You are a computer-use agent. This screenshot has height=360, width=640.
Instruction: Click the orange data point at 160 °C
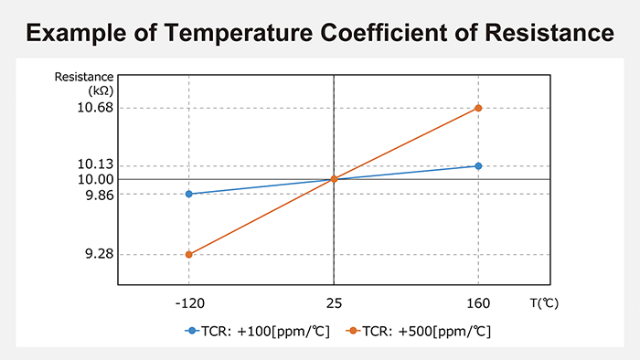click(478, 108)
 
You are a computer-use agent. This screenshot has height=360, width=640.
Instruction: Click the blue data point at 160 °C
click(478, 165)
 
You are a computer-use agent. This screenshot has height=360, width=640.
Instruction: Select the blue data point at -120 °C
click(189, 194)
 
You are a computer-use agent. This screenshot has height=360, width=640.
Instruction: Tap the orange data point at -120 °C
click(189, 254)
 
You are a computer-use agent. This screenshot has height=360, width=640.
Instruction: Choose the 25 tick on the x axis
click(334, 302)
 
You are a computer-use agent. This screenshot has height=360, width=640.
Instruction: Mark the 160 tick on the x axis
click(478, 302)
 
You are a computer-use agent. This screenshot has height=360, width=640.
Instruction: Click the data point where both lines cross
click(334, 179)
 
